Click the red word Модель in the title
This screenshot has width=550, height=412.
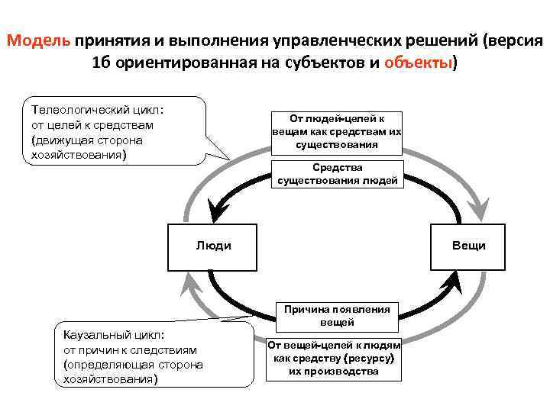tap(40, 40)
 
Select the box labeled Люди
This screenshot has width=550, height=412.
tap(213, 246)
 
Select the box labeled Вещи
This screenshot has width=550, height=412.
tap(468, 246)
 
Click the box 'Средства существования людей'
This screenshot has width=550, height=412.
tap(337, 174)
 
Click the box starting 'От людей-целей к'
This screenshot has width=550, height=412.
tap(337, 131)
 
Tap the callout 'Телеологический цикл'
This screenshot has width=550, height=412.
tap(115, 130)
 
